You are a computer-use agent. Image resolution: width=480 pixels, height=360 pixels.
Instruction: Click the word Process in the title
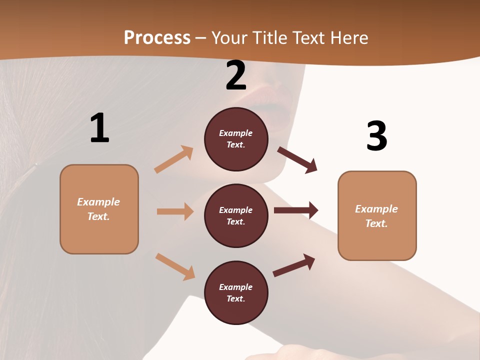(x=157, y=37)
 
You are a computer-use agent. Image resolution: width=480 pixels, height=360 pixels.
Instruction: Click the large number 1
(x=99, y=128)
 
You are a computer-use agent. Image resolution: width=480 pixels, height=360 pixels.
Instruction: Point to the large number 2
(x=236, y=75)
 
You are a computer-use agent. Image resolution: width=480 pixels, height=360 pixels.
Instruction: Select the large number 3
(x=376, y=136)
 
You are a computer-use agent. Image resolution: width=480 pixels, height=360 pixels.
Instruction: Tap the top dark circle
(x=236, y=139)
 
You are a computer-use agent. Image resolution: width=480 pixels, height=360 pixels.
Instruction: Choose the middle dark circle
(x=236, y=215)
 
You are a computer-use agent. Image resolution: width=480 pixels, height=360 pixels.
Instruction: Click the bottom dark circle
(x=236, y=292)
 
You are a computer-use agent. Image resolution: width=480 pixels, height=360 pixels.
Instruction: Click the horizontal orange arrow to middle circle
(x=175, y=211)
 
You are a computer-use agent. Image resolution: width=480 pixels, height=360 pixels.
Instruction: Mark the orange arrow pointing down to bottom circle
(x=175, y=266)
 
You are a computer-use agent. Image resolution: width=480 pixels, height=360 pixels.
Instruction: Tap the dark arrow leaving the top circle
(x=297, y=160)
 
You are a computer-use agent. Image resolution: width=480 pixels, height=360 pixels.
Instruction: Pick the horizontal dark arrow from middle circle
(x=296, y=210)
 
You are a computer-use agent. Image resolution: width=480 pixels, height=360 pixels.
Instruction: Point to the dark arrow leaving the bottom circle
(x=294, y=265)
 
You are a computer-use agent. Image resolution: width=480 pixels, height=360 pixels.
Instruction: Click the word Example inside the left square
(x=98, y=202)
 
